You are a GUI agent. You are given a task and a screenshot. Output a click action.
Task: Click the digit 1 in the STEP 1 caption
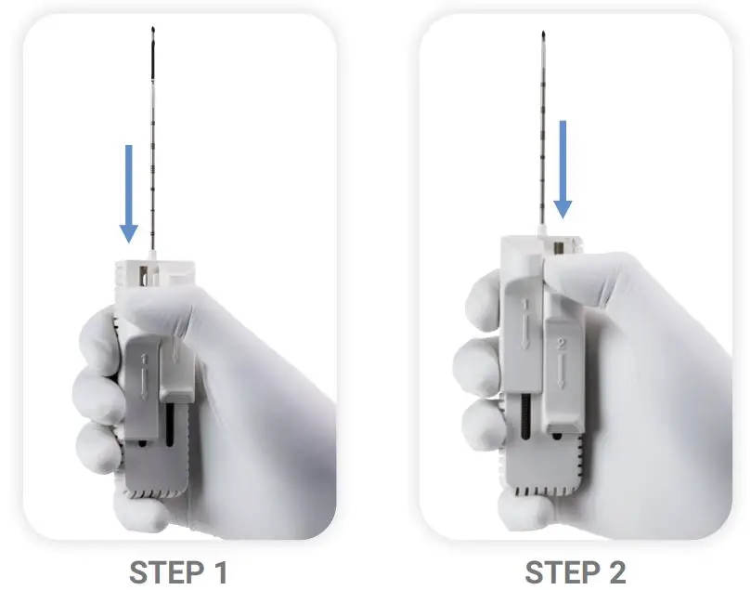pos(219,570)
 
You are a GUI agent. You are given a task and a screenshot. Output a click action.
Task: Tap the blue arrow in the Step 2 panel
pos(563,167)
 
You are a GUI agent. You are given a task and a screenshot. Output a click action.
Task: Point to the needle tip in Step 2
pos(543,37)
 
